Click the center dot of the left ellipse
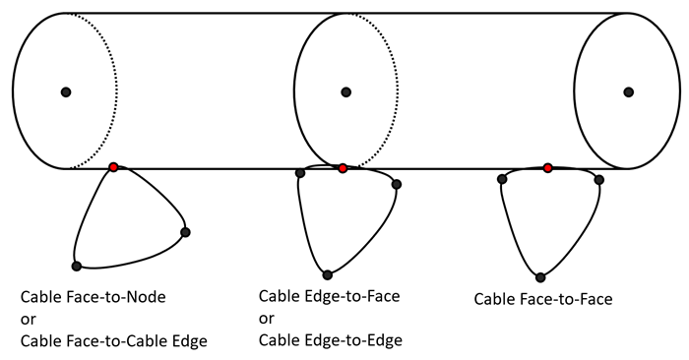pos(66,91)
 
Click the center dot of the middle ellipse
pos(346,91)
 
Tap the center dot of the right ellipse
pos(628,91)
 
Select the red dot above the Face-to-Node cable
pos(114,168)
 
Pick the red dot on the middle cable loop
pos(343,168)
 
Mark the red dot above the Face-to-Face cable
pos(547,168)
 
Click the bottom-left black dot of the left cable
pos(76,266)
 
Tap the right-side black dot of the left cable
pos(185,232)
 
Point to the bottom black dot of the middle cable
pos(328,274)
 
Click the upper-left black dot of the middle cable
pos(300,173)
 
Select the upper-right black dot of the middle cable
pos(397,184)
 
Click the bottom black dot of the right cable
pos(540,277)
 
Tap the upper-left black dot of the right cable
pos(502,179)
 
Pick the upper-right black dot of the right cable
pos(598,179)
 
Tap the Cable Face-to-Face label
pos(542,298)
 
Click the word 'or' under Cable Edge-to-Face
pos(267,319)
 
